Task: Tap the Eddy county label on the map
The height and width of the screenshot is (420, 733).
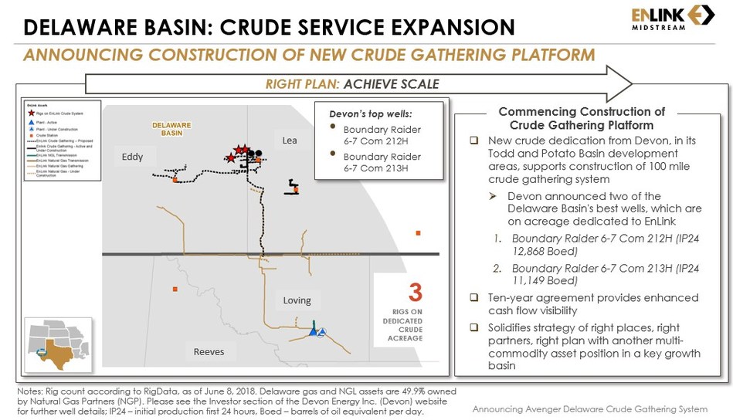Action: click(132, 157)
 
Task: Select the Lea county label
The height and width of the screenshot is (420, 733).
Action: click(289, 141)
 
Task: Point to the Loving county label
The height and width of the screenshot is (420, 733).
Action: click(297, 300)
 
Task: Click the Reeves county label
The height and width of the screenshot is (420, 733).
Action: click(209, 351)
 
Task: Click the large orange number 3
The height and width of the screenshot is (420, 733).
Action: click(416, 293)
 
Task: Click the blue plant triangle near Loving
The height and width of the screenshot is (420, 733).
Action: click(314, 330)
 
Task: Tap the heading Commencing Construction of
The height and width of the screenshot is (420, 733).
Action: click(581, 112)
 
